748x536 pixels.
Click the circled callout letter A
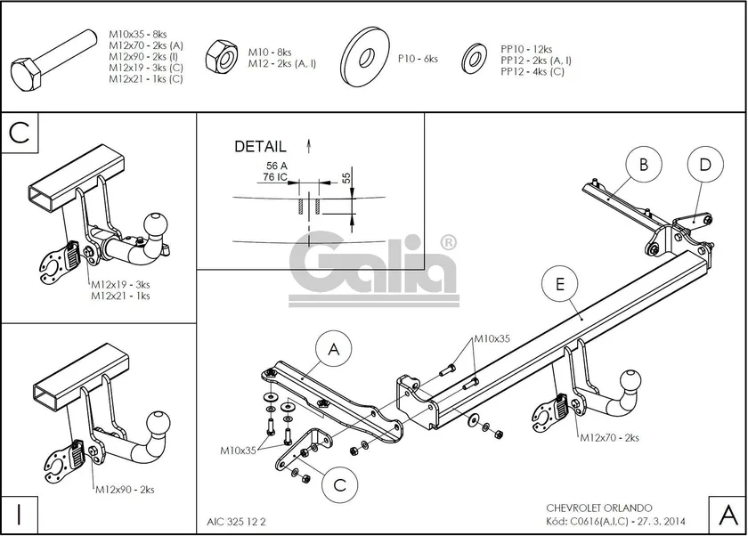tap(334, 350)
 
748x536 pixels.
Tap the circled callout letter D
tap(704, 164)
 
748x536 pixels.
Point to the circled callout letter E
tap(559, 284)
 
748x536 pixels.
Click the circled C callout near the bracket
tap(339, 484)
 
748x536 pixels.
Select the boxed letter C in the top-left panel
tap(20, 133)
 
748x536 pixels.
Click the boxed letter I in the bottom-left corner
tap(19, 513)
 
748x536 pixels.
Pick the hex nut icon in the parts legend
tap(219, 58)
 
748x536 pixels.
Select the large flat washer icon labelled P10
tap(368, 58)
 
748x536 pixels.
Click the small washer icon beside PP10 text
tap(473, 59)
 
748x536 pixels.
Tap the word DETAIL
tap(260, 146)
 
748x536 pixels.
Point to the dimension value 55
tap(346, 178)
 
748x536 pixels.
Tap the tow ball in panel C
tap(158, 225)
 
